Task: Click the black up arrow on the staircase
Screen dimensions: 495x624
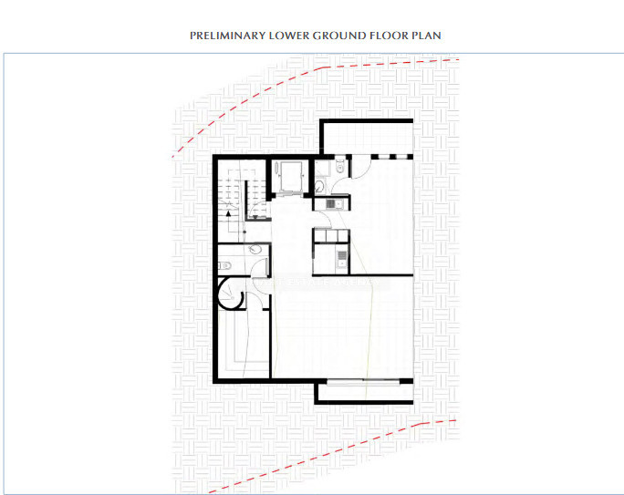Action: click(228, 211)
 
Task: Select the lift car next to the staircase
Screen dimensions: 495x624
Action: click(292, 176)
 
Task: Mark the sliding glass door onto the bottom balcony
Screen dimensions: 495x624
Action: click(364, 381)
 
